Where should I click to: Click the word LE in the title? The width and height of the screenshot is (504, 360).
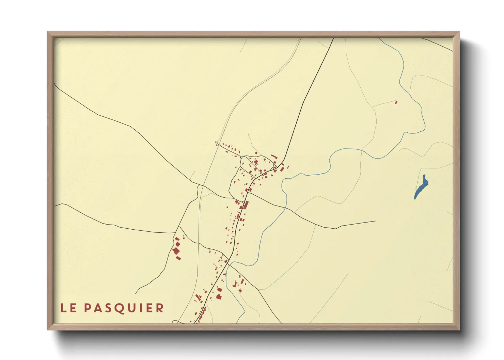(x=68, y=308)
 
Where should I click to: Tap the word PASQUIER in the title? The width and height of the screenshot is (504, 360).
(x=124, y=308)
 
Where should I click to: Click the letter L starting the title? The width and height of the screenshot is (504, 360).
(x=63, y=308)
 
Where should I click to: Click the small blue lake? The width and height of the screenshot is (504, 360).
(x=421, y=187)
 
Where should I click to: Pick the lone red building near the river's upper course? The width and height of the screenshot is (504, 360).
(x=396, y=102)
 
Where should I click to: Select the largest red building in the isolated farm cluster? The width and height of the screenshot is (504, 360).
(x=176, y=251)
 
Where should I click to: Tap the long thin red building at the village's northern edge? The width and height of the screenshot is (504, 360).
(x=274, y=157)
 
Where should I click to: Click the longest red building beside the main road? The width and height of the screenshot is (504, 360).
(x=246, y=205)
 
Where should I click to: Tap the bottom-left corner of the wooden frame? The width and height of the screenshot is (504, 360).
(x=48, y=329)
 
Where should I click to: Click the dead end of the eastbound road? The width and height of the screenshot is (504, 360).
(x=375, y=221)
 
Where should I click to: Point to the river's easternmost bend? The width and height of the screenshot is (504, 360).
(x=425, y=126)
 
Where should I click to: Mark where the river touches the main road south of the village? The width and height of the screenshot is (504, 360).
(x=227, y=264)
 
